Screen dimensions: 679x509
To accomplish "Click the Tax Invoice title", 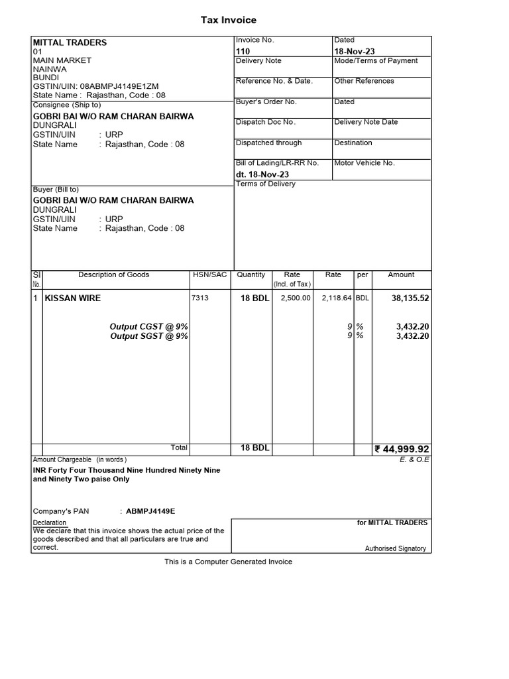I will click(229, 21).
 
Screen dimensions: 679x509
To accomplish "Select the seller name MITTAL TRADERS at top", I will click(70, 42).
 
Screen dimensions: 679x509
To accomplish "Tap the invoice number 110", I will click(243, 51).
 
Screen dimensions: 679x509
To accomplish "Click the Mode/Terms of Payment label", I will click(376, 61).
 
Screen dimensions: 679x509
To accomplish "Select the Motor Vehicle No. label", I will click(365, 163).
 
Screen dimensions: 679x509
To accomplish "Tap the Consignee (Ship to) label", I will click(67, 105).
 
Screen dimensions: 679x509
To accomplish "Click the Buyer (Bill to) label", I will click(56, 190).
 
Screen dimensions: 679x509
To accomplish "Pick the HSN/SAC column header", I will click(209, 275).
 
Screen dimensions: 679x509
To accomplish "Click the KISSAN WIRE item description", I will click(73, 298).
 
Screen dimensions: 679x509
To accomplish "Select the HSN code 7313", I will click(199, 298).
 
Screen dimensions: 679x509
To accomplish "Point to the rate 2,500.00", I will click(295, 298).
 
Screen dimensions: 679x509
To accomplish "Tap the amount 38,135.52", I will click(410, 298).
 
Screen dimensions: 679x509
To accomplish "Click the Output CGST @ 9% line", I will click(148, 326).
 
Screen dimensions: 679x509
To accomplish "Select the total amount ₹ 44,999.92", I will click(402, 449).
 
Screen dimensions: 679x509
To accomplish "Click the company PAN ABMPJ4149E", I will click(150, 511).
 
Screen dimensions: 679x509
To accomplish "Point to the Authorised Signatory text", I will click(395, 548).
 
